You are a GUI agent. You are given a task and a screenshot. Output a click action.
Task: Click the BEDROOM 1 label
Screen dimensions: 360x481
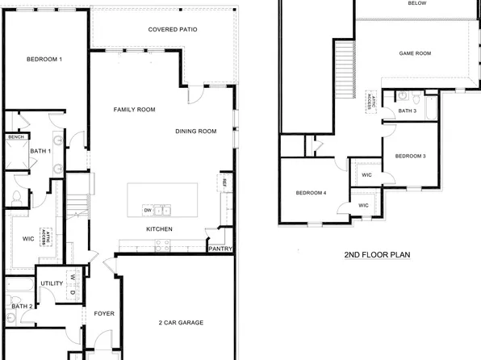(44, 60)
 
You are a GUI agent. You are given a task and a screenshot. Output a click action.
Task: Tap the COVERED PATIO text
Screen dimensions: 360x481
(174, 30)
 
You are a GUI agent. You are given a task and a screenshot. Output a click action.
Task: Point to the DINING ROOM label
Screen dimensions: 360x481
(196, 131)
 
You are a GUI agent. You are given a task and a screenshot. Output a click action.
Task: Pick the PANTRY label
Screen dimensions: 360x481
(220, 249)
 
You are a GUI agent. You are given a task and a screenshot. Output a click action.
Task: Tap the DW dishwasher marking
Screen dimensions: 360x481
(148, 211)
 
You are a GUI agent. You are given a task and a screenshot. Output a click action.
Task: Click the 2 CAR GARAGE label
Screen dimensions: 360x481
(181, 323)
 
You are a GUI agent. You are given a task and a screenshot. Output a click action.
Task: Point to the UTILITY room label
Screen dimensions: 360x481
(52, 283)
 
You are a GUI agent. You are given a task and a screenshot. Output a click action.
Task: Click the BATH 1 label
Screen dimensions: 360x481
(40, 151)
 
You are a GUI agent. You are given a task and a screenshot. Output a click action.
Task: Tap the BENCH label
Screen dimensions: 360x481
(15, 137)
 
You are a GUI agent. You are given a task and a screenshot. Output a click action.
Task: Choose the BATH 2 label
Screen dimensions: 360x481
(22, 307)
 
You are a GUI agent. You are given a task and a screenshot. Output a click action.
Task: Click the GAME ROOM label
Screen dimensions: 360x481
(416, 53)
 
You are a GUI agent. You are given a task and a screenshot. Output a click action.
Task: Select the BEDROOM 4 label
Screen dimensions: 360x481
(311, 193)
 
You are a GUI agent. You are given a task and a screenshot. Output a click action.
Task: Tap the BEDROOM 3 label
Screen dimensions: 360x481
(410, 155)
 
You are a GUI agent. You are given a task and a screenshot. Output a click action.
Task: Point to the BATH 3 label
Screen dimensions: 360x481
(407, 111)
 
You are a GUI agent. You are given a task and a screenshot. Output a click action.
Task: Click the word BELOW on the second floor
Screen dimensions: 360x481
(417, 3)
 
